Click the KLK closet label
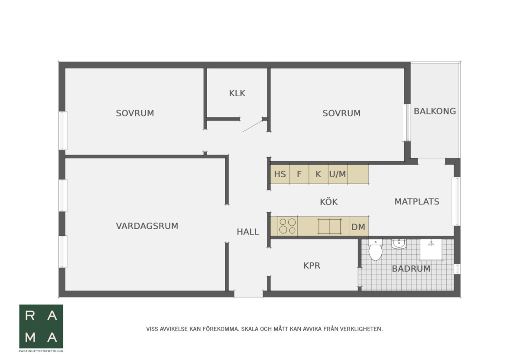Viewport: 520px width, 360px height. pos(237,93)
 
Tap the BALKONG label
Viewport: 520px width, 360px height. pos(435,111)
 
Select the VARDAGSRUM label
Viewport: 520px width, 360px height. pos(147,226)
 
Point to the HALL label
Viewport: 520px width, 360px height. pos(248,232)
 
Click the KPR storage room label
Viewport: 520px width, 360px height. pos(312,266)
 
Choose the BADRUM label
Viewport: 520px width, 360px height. pos(411,269)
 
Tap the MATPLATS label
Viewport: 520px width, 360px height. pos(417,201)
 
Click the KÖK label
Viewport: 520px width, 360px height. pos(329,201)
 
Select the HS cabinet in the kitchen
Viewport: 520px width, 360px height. pos(280,174)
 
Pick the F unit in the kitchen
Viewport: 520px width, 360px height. pos(299,174)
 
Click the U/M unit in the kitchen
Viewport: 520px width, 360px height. pos(338,174)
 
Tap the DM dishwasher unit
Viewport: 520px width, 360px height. pos(359,226)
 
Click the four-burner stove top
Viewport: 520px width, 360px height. pos(287,226)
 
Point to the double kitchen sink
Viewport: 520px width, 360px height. pos(330,226)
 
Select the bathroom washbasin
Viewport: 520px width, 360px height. pos(399,244)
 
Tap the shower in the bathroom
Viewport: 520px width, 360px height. pos(431,249)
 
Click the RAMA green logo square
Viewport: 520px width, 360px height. pos(41,326)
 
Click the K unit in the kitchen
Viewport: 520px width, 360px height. pos(318,174)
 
